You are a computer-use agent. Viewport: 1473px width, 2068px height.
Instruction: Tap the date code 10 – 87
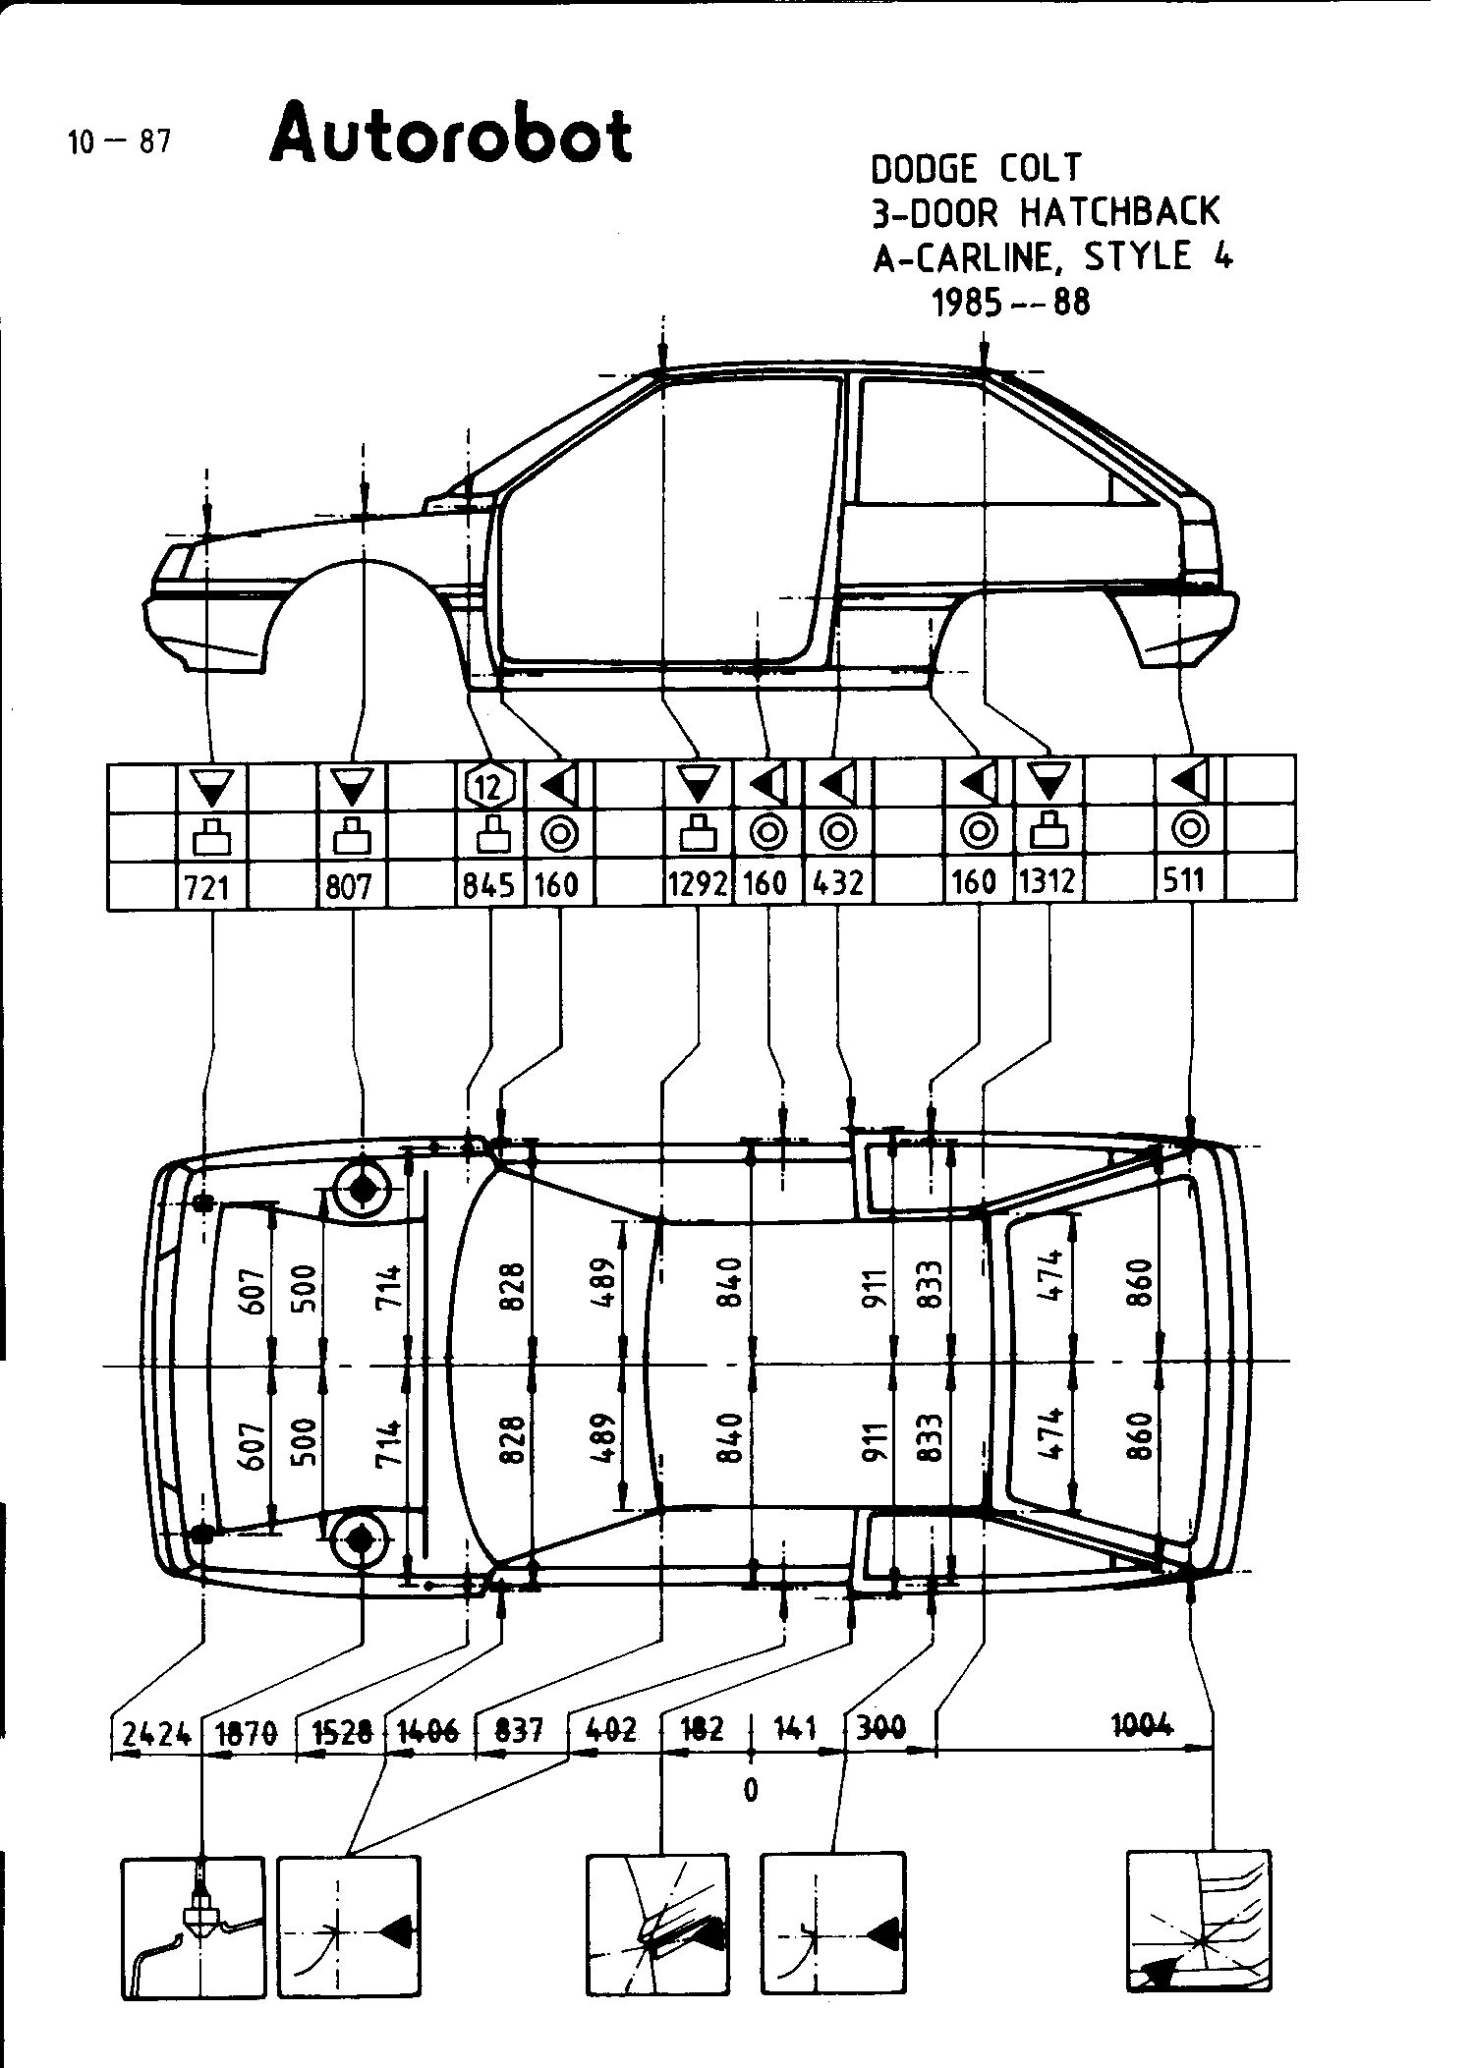(x=119, y=141)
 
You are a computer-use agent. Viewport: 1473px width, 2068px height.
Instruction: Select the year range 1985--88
(x=1010, y=301)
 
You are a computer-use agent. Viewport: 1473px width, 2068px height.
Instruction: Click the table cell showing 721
(x=207, y=887)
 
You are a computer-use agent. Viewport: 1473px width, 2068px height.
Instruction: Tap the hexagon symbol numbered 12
(x=489, y=785)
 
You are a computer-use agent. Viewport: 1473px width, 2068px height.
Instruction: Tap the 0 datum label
(x=751, y=1789)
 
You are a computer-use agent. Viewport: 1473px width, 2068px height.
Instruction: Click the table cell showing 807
(x=349, y=887)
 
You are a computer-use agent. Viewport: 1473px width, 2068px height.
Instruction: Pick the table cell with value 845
(x=488, y=885)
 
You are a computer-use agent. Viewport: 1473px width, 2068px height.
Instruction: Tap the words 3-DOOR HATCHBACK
(x=1046, y=211)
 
